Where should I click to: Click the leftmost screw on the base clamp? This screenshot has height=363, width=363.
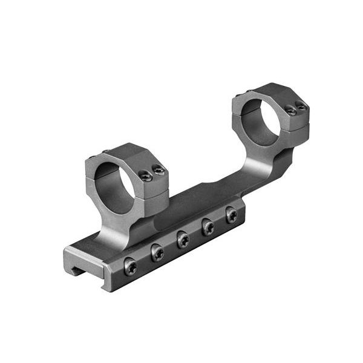pos(130,266)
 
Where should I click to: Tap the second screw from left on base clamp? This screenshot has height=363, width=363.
pos(157,253)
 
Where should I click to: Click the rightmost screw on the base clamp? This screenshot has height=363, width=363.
pos(231,214)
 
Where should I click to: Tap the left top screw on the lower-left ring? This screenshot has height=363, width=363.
pos(145,175)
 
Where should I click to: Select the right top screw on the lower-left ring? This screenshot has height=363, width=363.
pos(159,171)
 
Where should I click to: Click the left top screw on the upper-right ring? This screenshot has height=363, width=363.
pos(292,111)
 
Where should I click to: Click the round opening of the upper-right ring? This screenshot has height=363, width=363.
pos(262,121)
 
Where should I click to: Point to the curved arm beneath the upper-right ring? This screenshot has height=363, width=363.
pos(266,166)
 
